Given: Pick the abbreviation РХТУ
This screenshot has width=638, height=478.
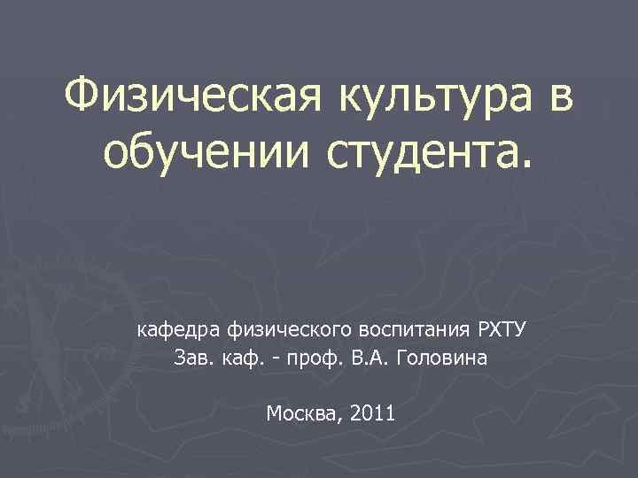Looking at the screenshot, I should [502, 330].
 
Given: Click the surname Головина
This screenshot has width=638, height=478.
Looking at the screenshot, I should [442, 359].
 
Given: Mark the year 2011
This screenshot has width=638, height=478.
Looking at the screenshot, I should [373, 412].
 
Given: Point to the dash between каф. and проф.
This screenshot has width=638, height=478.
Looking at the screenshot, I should [271, 361].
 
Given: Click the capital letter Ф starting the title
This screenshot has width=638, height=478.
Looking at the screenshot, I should [84, 94].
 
